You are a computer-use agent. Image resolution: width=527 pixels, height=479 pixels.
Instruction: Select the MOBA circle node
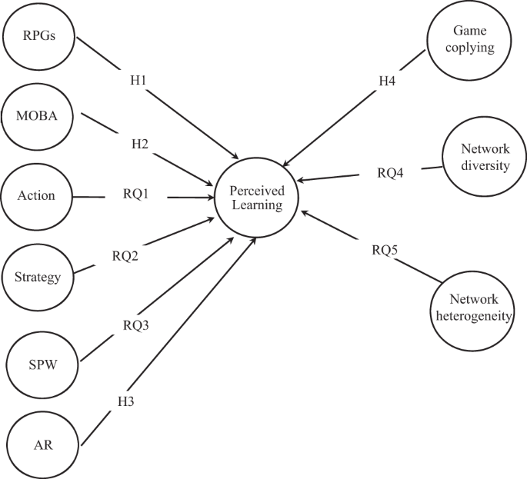(x=38, y=115)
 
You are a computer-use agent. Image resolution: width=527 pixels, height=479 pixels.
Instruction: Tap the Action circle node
(x=37, y=195)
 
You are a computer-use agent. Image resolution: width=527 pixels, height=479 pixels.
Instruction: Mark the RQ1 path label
(x=136, y=195)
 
